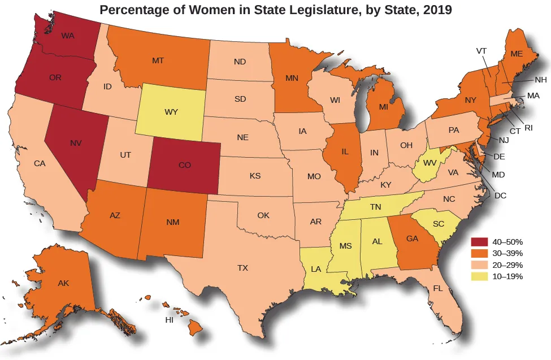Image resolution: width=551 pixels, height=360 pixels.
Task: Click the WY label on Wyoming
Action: coord(171,112)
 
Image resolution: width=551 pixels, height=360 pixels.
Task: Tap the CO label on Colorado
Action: coord(184,166)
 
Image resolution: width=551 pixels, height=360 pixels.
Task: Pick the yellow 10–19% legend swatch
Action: coord(479,276)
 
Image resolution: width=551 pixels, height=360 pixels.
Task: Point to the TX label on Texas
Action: coord(242,267)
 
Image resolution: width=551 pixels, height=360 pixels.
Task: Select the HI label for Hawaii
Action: coord(168,320)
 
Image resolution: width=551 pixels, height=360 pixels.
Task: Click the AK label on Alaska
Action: coord(63,283)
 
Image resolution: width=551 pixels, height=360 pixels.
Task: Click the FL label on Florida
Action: coord(437,288)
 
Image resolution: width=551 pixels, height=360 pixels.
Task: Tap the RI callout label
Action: coord(528,128)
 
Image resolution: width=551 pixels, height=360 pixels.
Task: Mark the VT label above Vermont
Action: coord(481,50)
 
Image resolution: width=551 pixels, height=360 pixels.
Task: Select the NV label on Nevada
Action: coord(76,143)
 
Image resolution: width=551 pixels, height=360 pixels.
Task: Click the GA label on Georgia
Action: coord(412,238)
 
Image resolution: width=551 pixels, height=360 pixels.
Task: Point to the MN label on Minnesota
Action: coord(292,78)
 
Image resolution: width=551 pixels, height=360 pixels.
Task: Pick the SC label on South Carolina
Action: coord(438,224)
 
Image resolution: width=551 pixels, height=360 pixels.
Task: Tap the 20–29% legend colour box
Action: coord(479,265)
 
